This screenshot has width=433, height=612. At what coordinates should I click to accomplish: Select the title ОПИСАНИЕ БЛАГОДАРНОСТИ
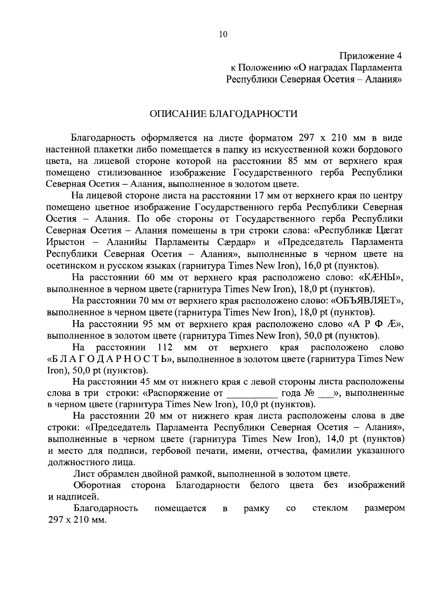pyautogui.click(x=224, y=114)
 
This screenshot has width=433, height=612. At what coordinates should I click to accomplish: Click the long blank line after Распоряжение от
pyautogui.click(x=252, y=393)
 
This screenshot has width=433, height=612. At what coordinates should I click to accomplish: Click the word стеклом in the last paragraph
pyautogui.click(x=330, y=508)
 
